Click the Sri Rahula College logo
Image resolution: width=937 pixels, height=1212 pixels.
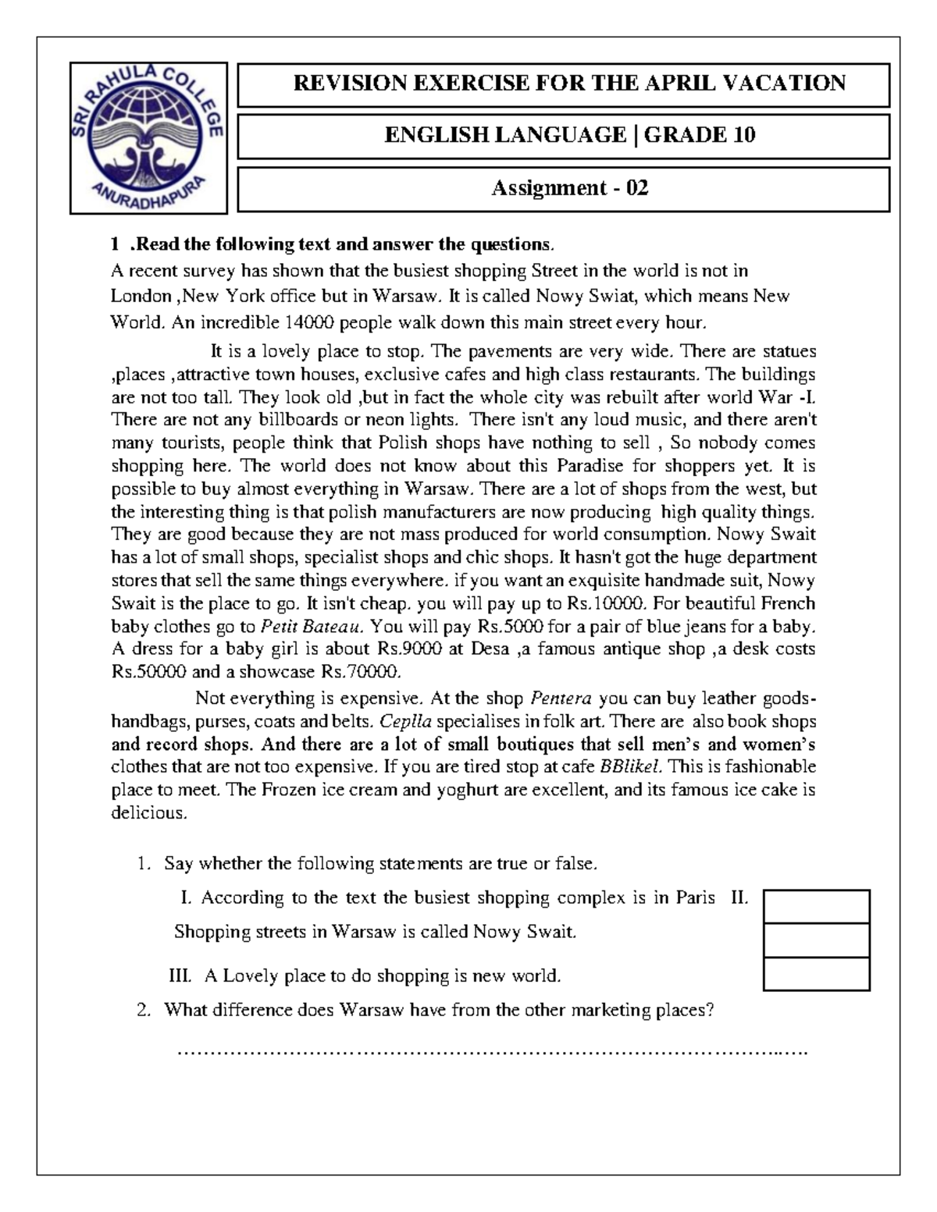tap(148, 137)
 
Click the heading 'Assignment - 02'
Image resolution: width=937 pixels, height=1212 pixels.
tap(569, 188)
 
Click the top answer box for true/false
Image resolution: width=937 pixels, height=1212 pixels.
tap(817, 907)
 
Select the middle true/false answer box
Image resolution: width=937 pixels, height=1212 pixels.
tap(817, 940)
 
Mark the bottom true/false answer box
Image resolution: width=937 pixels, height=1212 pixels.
tap(817, 974)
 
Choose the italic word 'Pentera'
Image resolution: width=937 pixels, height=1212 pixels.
tap(561, 698)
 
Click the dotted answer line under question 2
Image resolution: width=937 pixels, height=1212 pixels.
tap(492, 1052)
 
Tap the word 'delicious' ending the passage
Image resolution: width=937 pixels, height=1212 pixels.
tap(148, 812)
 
